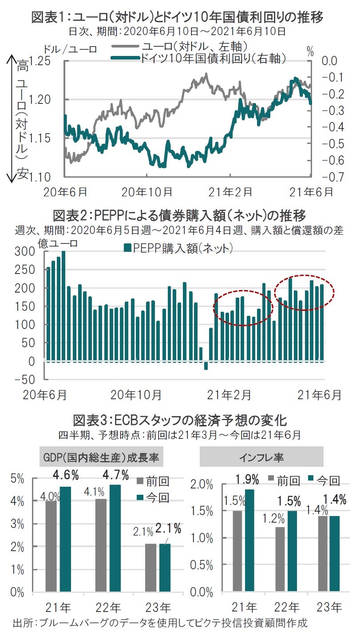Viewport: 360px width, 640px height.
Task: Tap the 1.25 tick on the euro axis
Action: point(41,61)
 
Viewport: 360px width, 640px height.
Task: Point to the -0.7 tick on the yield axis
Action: point(328,177)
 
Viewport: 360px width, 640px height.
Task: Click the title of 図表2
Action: point(179,216)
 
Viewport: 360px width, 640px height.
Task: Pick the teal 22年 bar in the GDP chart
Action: point(115,538)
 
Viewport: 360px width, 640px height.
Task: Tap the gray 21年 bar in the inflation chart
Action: point(238,551)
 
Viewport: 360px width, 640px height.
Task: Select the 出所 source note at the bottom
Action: point(160,623)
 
